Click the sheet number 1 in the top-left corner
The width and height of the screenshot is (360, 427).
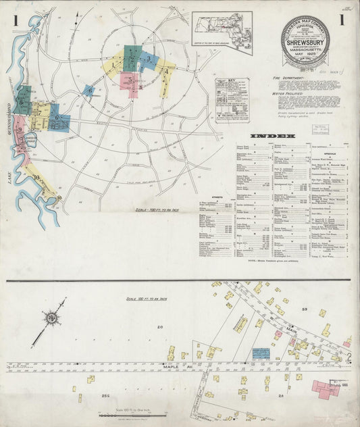click(x=15, y=20)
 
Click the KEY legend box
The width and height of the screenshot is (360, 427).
click(x=232, y=100)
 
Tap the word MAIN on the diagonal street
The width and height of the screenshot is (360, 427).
click(x=292, y=330)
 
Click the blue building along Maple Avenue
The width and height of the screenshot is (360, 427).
click(x=261, y=353)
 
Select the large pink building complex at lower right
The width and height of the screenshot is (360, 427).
click(x=325, y=389)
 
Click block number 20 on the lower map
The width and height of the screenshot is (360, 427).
click(x=160, y=327)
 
